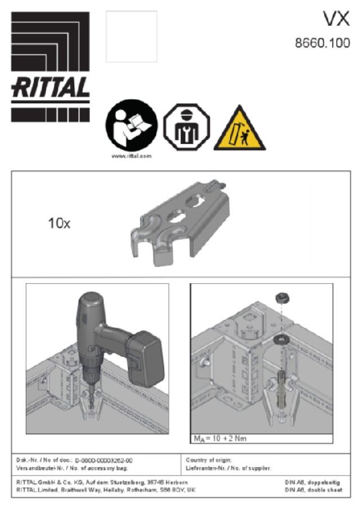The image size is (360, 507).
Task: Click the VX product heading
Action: pos(336,20)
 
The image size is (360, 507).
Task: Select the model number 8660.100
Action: pos(322,43)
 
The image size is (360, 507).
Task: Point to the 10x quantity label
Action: pos(59,224)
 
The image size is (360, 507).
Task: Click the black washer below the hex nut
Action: pos(280,340)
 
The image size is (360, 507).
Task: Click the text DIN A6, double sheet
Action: pos(313,490)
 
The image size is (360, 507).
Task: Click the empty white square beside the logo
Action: pos(132,37)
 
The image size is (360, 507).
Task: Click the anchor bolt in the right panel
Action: pos(281,393)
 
